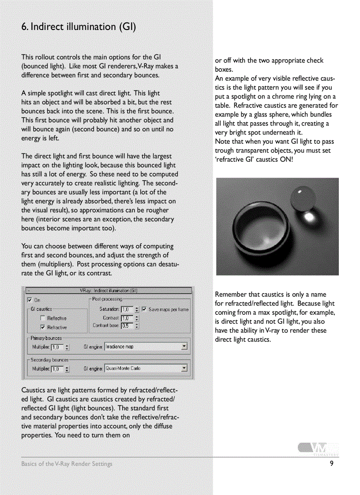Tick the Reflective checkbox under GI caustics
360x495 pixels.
click(x=43, y=318)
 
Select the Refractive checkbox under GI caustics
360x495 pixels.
click(x=43, y=327)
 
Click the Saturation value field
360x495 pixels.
click(x=127, y=309)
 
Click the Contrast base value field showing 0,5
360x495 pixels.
click(x=127, y=326)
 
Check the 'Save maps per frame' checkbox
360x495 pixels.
click(x=144, y=309)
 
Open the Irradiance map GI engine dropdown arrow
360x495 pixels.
click(x=184, y=347)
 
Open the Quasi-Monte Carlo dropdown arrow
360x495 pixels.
click(x=184, y=368)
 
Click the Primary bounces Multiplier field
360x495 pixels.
click(x=57, y=347)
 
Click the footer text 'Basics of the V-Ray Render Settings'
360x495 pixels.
click(x=67, y=464)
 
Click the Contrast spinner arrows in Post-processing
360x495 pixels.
click(x=137, y=318)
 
